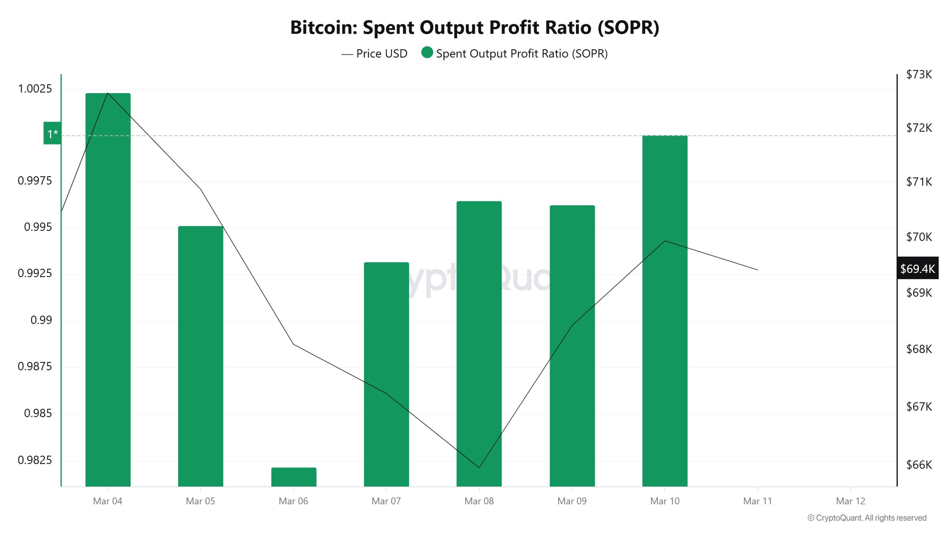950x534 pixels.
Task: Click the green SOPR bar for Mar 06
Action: [x=294, y=477]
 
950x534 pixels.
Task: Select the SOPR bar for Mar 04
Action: [x=108, y=289]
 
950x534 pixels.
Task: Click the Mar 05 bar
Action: [x=200, y=356]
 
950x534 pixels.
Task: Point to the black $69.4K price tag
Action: [x=917, y=268]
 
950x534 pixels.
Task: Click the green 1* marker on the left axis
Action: [x=52, y=133]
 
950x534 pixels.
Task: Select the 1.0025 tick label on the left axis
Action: [x=35, y=89]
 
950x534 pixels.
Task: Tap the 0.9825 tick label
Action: [x=35, y=460]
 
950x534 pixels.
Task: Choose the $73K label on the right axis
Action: [x=919, y=75]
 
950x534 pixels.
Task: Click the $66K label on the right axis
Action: [x=919, y=465]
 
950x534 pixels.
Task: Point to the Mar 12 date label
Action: [x=850, y=501]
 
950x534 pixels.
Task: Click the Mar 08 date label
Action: [x=479, y=501]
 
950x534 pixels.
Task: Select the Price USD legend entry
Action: [x=374, y=54]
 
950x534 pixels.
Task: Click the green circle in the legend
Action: [x=427, y=53]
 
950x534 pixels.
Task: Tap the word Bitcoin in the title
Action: [x=324, y=27]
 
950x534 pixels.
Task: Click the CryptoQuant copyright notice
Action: [x=867, y=518]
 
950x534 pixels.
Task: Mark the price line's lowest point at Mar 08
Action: [x=479, y=468]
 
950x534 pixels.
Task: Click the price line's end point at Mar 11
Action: [x=757, y=270]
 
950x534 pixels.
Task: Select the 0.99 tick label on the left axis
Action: [x=41, y=320]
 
